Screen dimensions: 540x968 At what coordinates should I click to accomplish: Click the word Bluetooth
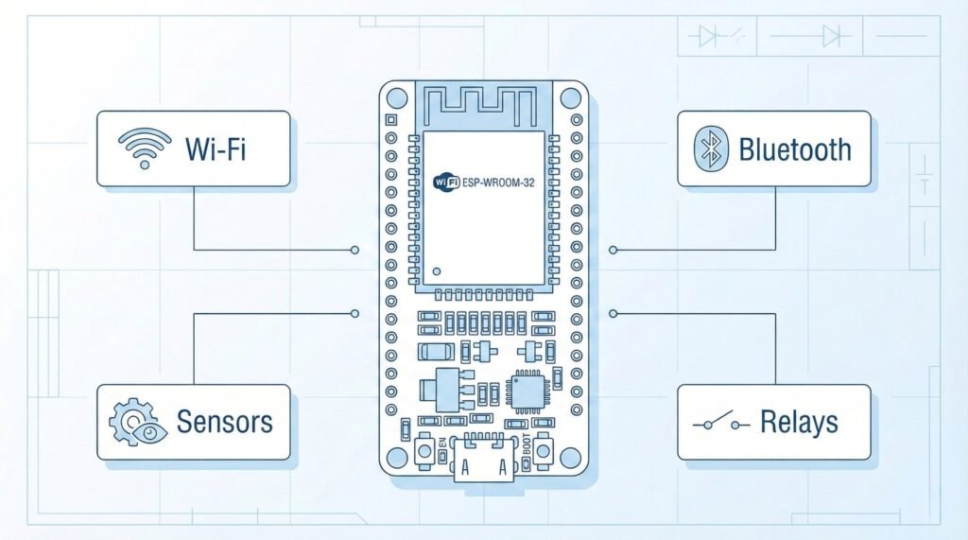pyautogui.click(x=794, y=149)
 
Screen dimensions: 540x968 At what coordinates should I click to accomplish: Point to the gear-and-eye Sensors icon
pyautogui.click(x=138, y=422)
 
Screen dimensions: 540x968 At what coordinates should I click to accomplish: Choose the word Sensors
pyautogui.click(x=225, y=422)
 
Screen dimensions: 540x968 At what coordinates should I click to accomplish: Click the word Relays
pyautogui.click(x=799, y=423)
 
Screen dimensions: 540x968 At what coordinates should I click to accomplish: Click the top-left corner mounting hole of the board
pyautogui.click(x=397, y=97)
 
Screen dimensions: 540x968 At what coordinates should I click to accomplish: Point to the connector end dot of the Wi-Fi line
pyautogui.click(x=354, y=250)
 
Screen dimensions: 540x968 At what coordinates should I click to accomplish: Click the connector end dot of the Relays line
pyautogui.click(x=614, y=312)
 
